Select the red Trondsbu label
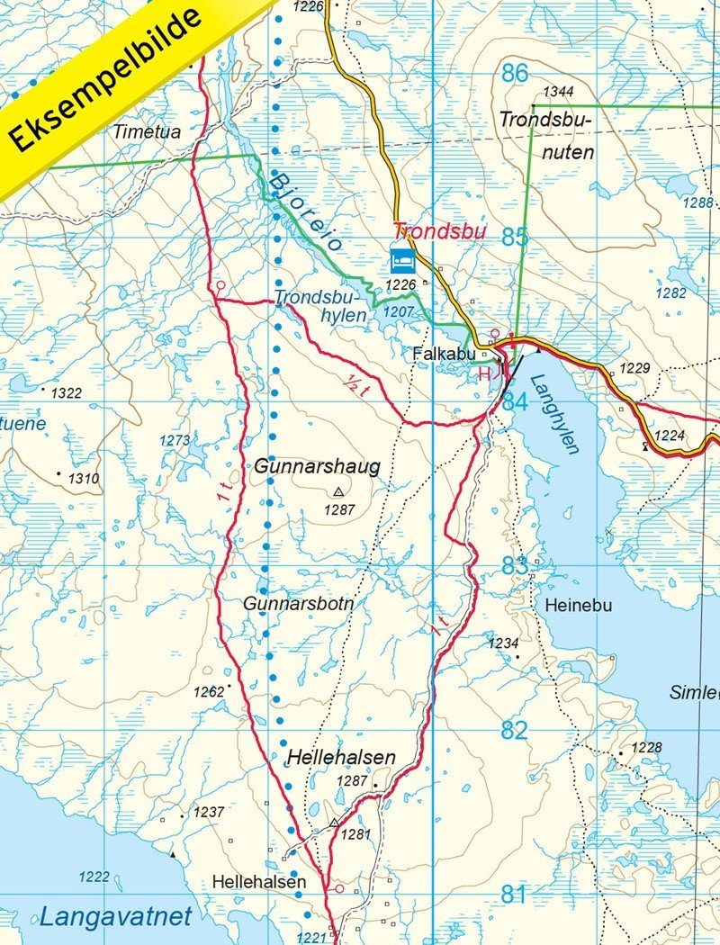tap(439, 231)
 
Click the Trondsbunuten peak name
tap(546, 135)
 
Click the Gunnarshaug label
tap(317, 467)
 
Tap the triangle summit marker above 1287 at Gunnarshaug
tap(338, 491)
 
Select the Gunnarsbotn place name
tap(298, 604)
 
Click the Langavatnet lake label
tap(115, 918)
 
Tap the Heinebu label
tap(578, 606)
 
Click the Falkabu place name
tap(443, 355)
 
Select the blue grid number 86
tap(515, 74)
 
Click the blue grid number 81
tap(513, 894)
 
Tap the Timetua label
tap(147, 132)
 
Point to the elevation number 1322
tap(66, 393)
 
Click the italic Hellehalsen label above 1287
tap(341, 758)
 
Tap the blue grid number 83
tap(515, 567)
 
